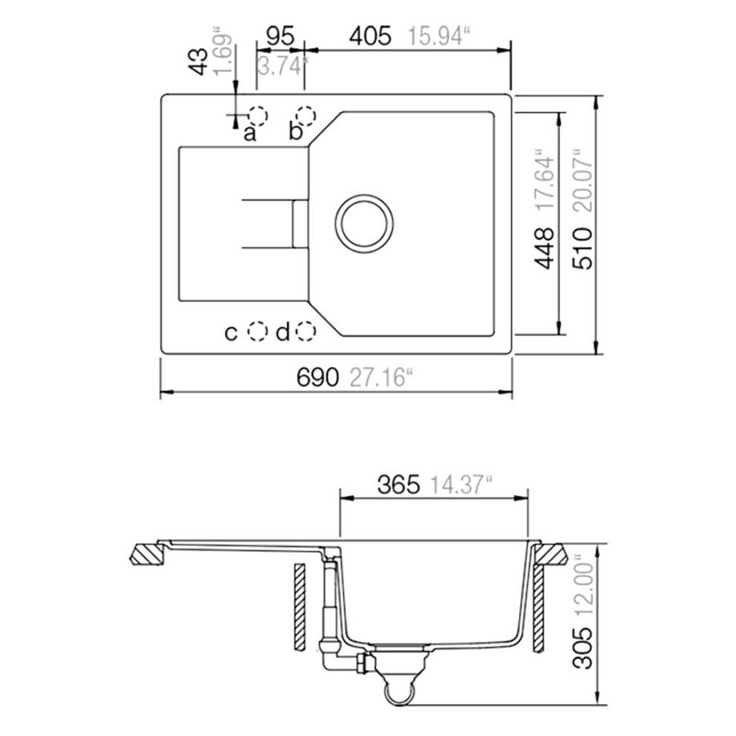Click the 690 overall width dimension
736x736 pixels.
[x=316, y=377]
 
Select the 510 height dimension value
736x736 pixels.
[x=582, y=249]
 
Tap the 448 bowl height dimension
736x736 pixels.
[x=545, y=249]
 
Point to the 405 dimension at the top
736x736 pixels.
[x=370, y=36]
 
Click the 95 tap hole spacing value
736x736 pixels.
[x=280, y=36]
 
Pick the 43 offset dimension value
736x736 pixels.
[x=198, y=61]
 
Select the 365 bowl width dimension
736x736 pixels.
[x=398, y=484]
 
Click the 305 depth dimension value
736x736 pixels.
[x=583, y=648]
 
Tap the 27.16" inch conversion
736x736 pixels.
[x=380, y=377]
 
